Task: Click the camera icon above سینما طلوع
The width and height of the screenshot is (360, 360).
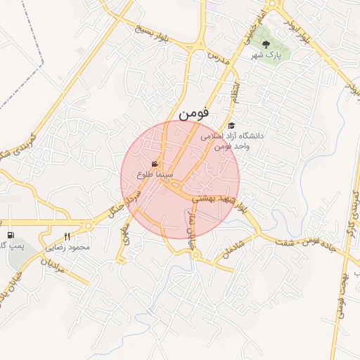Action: coord(155,163)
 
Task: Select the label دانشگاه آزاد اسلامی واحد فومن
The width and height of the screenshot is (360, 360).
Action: coord(229,141)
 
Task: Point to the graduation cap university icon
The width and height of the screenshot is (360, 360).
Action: coord(231,125)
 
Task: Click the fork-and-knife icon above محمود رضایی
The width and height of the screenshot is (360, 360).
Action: coord(67,237)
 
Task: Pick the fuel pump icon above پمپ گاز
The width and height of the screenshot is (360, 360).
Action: coord(10,235)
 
